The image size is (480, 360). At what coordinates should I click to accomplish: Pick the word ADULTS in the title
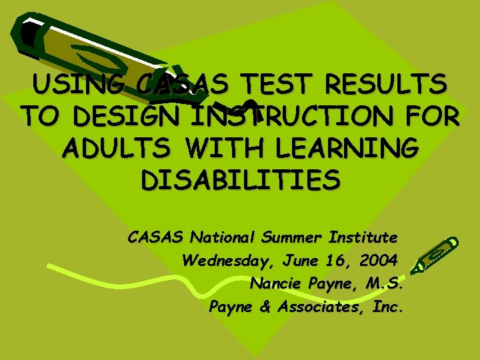click(113, 147)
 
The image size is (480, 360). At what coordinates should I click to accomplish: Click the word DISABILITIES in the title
click(241, 179)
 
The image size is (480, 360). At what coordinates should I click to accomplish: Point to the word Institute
click(365, 237)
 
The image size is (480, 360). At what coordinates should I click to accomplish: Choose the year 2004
click(376, 260)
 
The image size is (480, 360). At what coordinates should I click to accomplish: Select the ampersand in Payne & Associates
click(265, 307)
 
